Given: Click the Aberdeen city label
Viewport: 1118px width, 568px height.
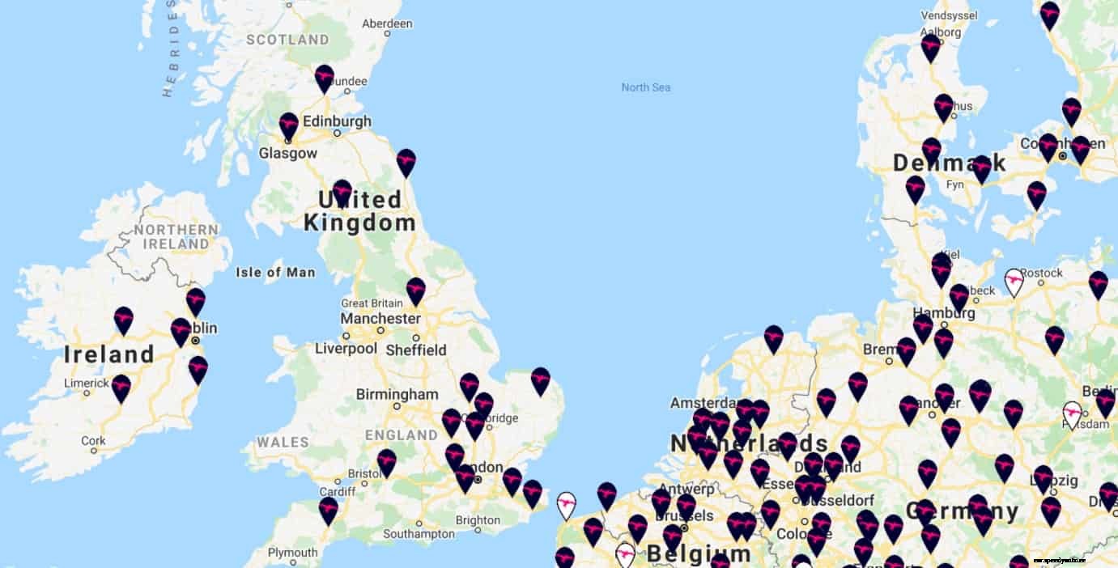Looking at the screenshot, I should pos(387,24).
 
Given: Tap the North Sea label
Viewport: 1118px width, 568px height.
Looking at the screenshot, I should pos(645,87).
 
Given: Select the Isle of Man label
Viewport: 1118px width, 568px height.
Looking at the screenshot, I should pos(275,273).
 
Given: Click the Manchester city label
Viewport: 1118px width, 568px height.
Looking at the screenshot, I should pos(380,319).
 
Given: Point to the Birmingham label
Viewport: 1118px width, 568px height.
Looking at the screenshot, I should pos(397,395).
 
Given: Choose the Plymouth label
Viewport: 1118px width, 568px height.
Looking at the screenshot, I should pos(292,553).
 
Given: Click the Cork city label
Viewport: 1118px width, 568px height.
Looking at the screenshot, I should pos(93,441).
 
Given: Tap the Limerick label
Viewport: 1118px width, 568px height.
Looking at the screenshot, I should pos(87,384).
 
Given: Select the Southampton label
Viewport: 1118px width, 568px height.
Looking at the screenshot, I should pos(419,534).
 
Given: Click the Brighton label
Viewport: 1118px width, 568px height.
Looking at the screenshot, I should pos(478,520).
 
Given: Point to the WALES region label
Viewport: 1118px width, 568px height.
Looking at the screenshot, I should pos(283,443).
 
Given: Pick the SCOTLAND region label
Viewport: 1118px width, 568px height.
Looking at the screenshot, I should pos(287,40).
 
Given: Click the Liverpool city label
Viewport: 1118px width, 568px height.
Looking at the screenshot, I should pos(346,349).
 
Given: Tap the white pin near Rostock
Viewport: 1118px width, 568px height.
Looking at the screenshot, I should pos(1014,282).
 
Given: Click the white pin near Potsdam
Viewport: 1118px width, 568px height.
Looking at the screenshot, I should pos(1073,413).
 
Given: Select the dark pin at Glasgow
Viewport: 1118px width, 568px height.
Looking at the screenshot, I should pos(289,125).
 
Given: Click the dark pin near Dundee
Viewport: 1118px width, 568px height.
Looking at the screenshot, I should pos(325,78).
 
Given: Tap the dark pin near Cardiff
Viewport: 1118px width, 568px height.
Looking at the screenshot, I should pos(328,510).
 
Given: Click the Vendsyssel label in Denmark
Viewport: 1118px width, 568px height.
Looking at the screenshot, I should pos(950,15).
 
